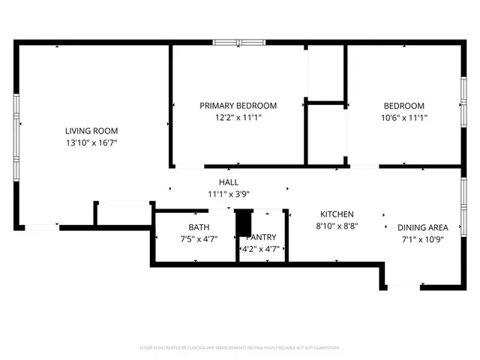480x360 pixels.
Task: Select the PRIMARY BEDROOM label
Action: tap(238, 106)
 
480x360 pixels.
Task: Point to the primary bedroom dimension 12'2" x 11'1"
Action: tap(238, 118)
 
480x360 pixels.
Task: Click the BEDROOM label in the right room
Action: tap(403, 106)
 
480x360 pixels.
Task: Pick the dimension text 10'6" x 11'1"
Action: tap(403, 118)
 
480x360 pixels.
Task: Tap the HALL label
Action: tap(229, 182)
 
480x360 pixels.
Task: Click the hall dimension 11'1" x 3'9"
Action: tap(229, 194)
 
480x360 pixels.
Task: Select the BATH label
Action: tap(199, 227)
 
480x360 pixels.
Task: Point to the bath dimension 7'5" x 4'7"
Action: tap(199, 239)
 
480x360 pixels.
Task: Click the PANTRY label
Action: tap(262, 237)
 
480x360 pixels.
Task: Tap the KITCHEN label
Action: tap(337, 214)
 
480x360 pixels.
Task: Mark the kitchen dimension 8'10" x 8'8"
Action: tap(337, 226)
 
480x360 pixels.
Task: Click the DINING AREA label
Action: tap(423, 227)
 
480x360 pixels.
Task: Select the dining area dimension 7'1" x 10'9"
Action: tap(423, 239)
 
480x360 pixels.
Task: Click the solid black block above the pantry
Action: tap(242, 223)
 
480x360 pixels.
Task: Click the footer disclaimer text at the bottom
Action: tap(239, 348)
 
